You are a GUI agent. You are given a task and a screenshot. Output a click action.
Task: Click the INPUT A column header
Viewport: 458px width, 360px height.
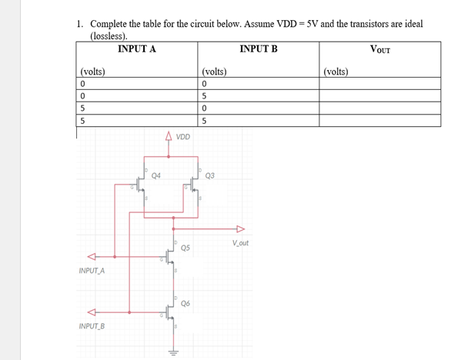point(137,48)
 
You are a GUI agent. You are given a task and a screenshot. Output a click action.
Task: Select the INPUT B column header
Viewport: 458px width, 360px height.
point(259,48)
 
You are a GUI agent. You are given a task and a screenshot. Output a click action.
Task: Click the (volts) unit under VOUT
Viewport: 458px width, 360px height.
point(336,72)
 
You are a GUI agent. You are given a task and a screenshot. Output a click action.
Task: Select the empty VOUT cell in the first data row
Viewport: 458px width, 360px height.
point(379,84)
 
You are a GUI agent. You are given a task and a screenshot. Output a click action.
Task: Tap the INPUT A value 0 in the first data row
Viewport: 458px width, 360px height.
point(81,84)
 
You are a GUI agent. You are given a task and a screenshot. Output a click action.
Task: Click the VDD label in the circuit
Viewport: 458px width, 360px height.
point(182,138)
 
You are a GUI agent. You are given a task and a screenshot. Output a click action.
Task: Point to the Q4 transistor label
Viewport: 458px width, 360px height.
point(156,175)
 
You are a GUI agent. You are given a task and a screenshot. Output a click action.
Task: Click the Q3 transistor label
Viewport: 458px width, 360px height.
point(210,175)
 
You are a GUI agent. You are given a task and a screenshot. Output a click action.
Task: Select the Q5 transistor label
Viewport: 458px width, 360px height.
point(186,248)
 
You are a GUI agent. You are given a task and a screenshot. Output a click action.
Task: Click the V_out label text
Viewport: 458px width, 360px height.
point(239,244)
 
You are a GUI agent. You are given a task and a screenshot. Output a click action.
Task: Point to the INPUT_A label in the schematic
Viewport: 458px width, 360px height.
point(92,271)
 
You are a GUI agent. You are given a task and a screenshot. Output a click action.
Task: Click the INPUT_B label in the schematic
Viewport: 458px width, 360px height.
point(92,326)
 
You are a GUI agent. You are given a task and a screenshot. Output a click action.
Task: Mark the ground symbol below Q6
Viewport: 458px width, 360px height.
point(173,352)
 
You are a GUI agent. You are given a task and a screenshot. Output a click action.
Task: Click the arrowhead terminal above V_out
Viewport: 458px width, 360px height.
point(239,228)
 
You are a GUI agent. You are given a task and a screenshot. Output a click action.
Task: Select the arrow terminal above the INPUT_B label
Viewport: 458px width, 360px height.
point(91,312)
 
